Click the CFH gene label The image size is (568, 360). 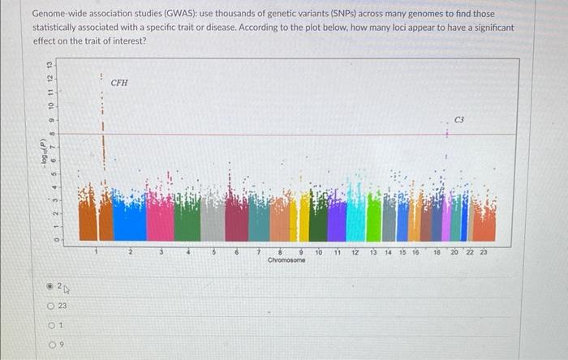coord(119,83)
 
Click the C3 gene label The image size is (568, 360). coord(459,120)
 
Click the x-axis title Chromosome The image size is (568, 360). coord(286,260)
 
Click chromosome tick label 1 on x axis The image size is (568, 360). coord(95,253)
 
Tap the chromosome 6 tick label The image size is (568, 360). coord(236,253)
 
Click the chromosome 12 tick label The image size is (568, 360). coord(355,253)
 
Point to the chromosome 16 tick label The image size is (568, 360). coord(414,253)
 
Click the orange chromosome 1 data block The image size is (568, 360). coord(88,221)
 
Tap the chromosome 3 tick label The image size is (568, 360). coord(160,253)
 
